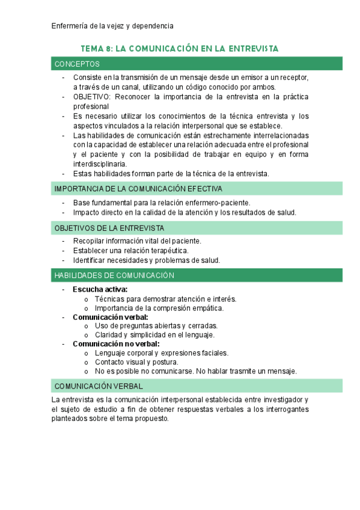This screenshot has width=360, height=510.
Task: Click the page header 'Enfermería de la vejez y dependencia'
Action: tap(112, 26)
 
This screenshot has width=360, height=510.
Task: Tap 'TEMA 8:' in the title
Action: tap(96, 48)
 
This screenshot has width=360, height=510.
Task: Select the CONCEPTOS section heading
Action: tap(77, 64)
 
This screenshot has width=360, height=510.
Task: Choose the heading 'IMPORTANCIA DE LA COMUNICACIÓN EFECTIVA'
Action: tap(138, 189)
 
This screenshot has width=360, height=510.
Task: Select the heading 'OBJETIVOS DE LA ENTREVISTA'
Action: tap(109, 228)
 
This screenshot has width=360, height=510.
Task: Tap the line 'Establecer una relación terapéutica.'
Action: tap(130, 250)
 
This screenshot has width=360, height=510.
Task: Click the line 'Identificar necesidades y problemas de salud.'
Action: tap(147, 260)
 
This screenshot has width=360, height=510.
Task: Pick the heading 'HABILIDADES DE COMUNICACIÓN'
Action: tap(114, 275)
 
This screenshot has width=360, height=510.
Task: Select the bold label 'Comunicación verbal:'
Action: tap(111, 317)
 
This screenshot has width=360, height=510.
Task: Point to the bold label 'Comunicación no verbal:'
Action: tap(116, 344)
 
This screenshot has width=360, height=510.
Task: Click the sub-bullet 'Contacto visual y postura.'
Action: tap(136, 362)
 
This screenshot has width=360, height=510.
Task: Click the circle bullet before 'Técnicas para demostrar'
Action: tap(87, 299)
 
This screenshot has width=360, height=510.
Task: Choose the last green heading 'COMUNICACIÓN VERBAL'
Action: tap(98, 386)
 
